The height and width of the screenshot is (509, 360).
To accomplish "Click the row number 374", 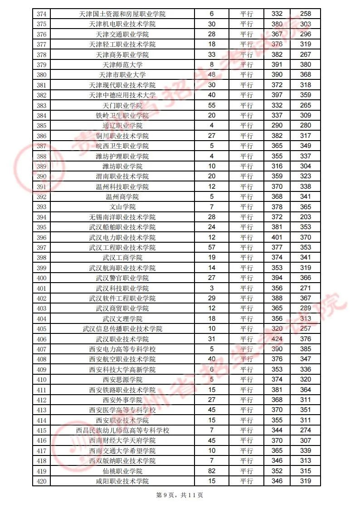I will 41,14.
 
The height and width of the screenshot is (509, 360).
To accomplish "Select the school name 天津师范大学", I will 122,65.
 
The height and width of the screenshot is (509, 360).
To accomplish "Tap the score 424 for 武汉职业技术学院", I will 277,339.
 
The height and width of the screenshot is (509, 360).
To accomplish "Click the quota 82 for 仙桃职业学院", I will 212,471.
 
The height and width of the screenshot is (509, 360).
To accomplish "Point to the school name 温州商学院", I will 122,197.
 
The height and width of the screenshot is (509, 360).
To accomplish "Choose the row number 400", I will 41,278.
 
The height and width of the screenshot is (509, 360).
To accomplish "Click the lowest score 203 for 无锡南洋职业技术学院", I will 306,217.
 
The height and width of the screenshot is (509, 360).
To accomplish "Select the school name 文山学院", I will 122,207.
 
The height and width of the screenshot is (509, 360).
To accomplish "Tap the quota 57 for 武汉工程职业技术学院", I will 212,248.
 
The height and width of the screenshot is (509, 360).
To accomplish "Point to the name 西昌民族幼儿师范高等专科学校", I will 122,431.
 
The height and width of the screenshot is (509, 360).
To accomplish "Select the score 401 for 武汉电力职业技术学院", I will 277,237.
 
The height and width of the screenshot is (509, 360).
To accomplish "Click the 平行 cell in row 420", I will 247,481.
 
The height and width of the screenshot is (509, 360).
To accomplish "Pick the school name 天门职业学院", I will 122,105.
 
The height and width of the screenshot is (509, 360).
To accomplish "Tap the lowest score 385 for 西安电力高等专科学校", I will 306,349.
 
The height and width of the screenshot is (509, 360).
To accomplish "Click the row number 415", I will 41,431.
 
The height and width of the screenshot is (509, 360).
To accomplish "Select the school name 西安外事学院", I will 122,400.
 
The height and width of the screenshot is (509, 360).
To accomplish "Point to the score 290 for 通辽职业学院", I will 277,126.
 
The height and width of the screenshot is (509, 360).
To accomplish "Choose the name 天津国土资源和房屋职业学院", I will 122,14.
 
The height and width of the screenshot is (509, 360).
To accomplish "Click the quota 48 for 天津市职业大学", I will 212,75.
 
